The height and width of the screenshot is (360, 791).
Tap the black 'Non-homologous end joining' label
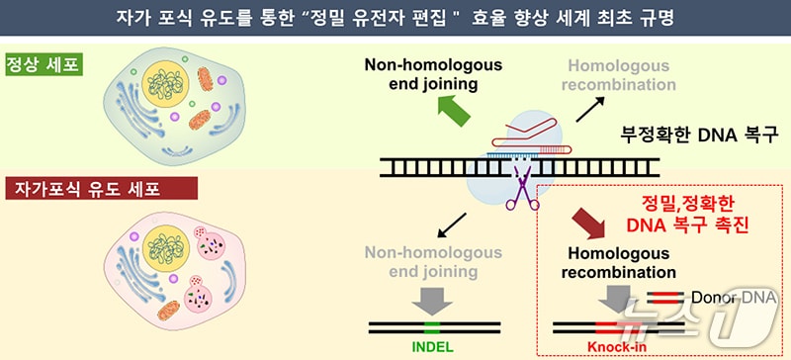(433, 75)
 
